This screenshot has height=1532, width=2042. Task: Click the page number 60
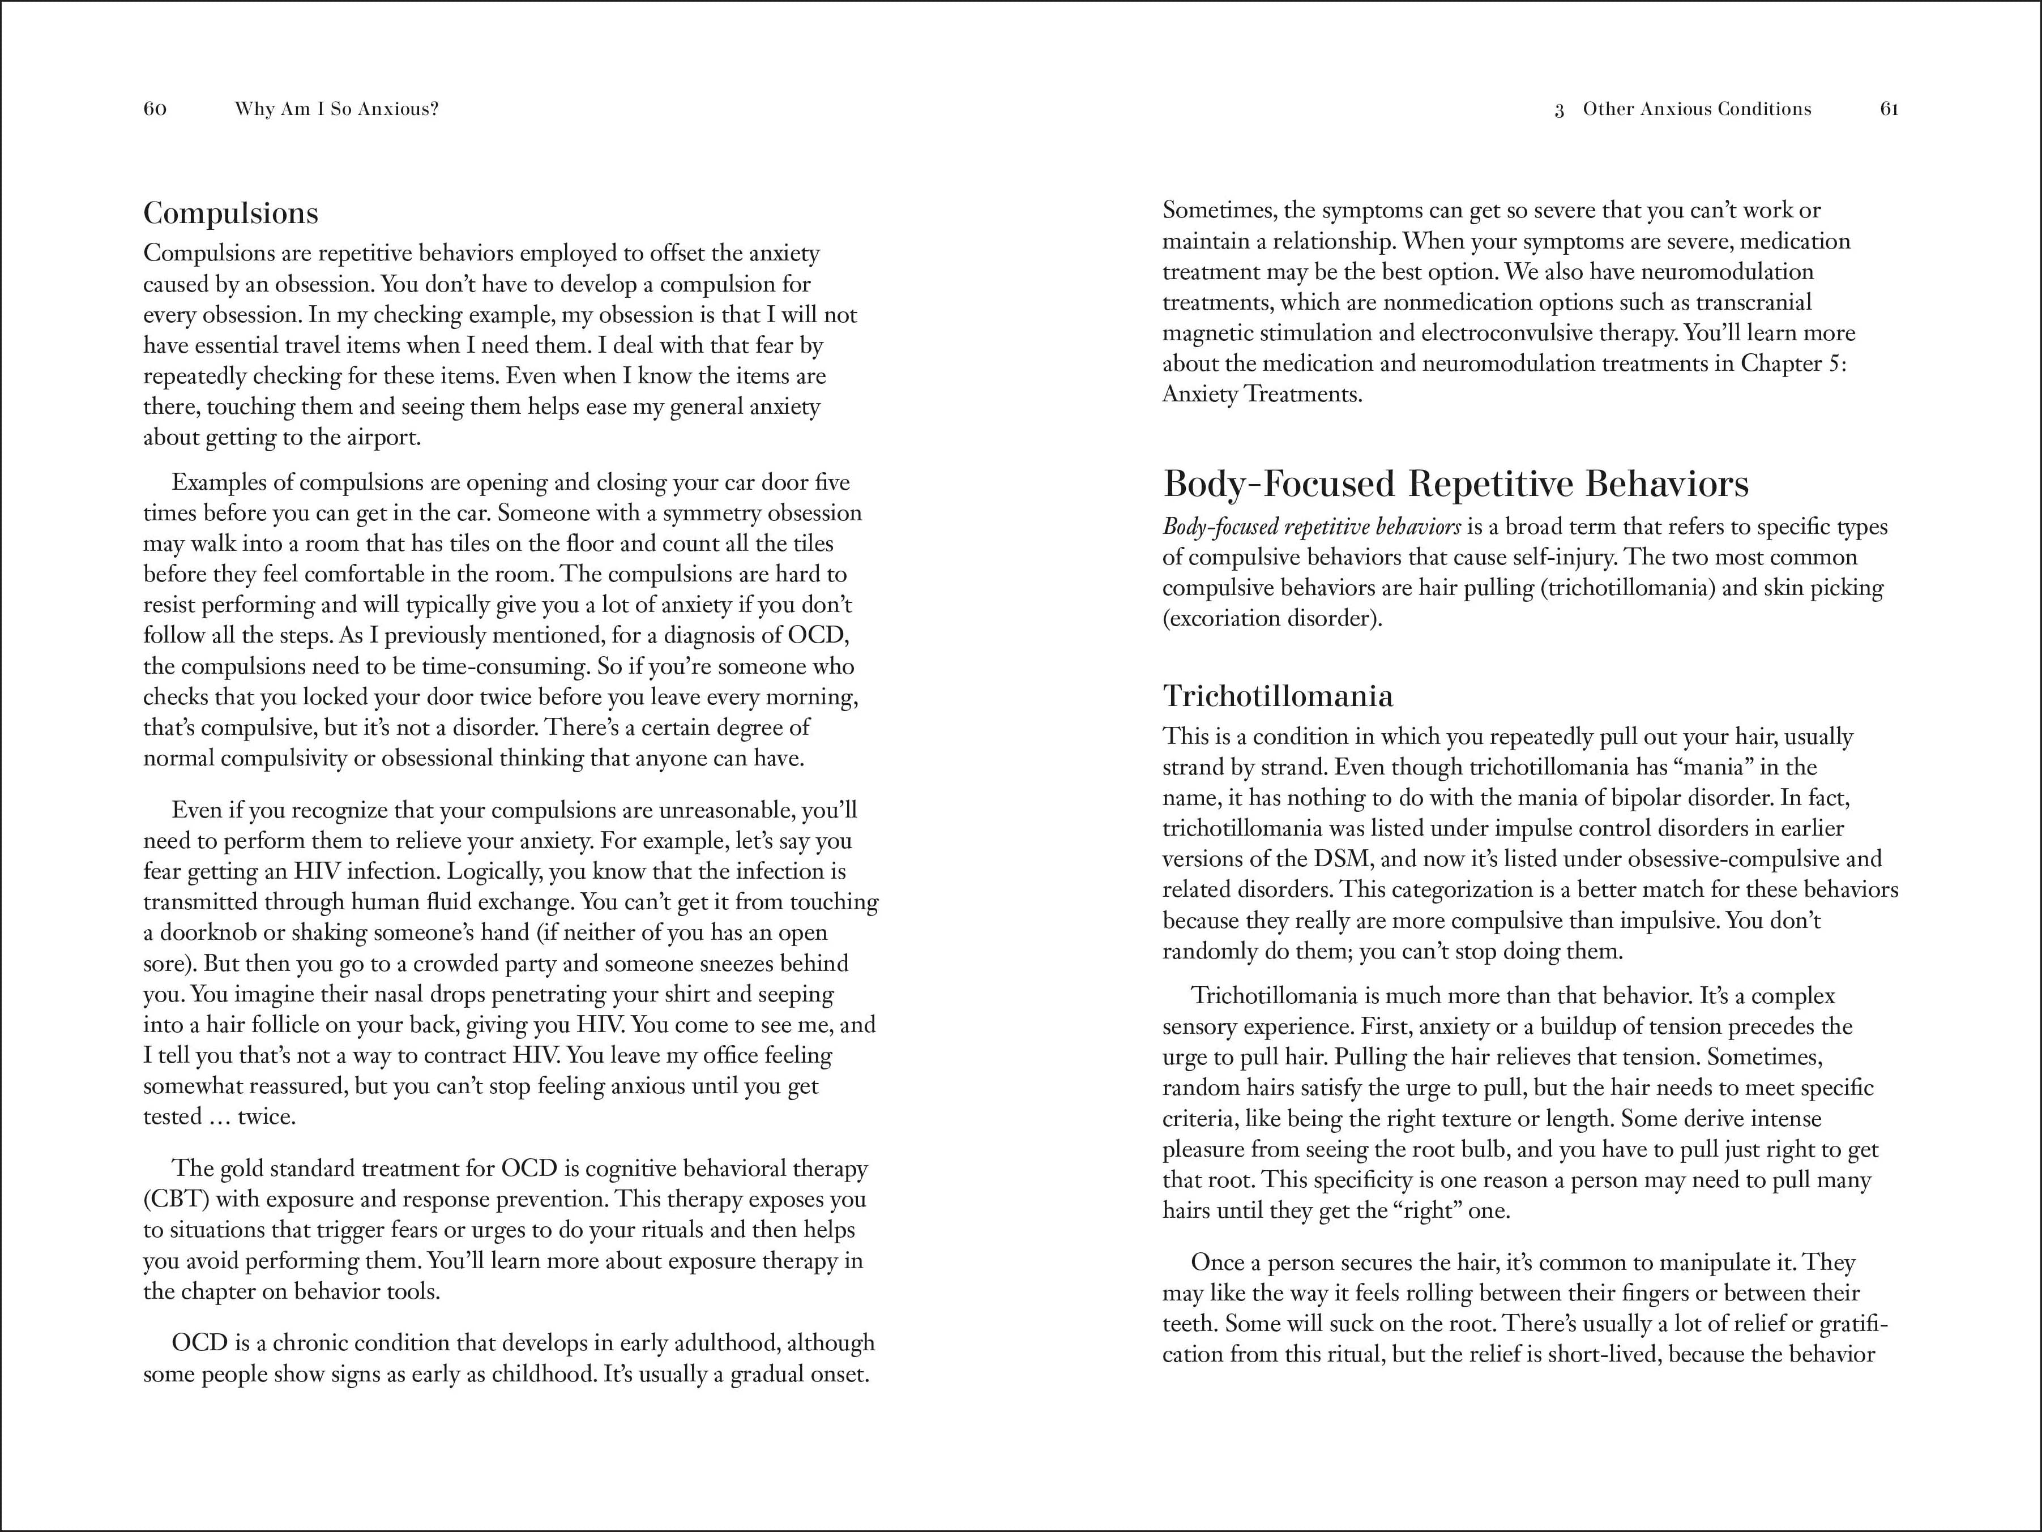(x=155, y=109)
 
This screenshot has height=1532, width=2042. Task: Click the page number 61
(x=1889, y=109)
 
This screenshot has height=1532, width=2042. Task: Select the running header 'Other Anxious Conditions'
(x=1697, y=109)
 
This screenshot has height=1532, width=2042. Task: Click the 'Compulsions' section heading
(x=231, y=213)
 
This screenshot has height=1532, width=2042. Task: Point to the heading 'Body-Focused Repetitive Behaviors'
(x=1456, y=483)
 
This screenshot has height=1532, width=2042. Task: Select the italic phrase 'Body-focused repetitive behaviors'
(x=1311, y=527)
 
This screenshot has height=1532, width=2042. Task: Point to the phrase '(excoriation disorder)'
(x=1271, y=618)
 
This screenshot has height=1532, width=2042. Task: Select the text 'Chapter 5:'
(x=1793, y=363)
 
